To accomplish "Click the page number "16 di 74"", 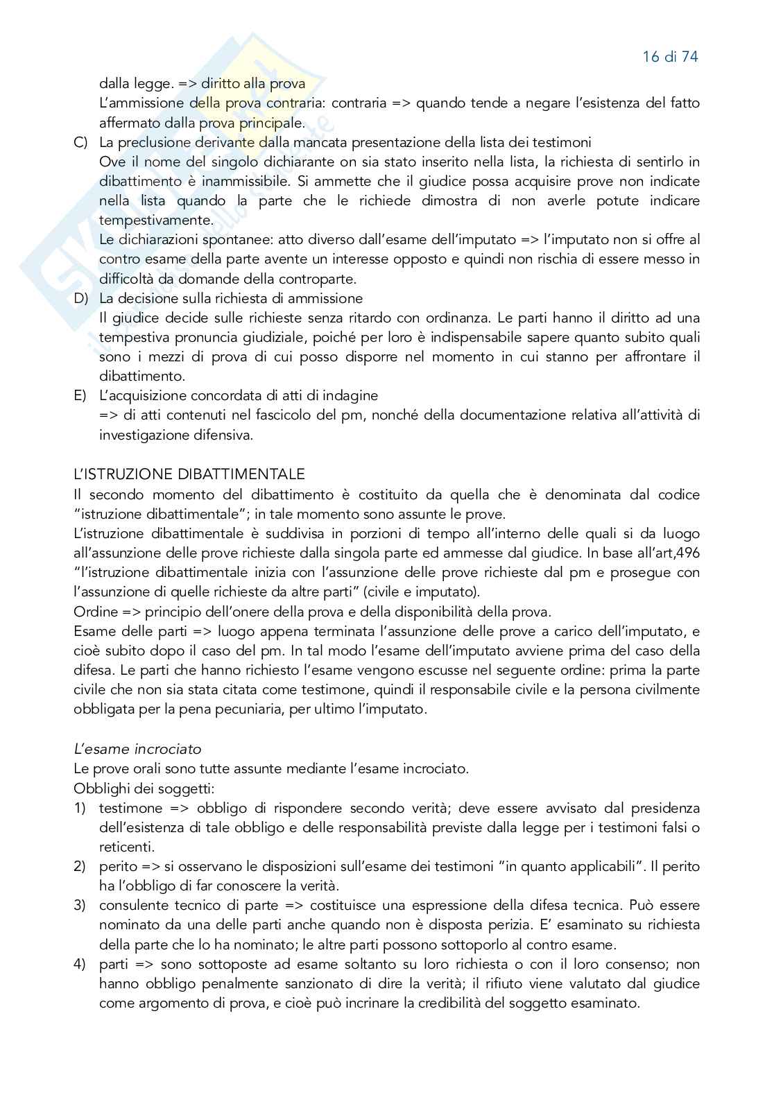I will click(x=670, y=57).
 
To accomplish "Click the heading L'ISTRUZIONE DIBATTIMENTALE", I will click(x=189, y=475).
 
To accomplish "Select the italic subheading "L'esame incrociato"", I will click(x=137, y=750).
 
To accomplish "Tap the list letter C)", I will click(x=80, y=143).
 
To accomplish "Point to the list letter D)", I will click(x=80, y=299).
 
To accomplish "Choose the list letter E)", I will click(x=80, y=396).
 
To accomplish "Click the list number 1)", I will click(x=80, y=809).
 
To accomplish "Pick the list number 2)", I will click(x=80, y=867).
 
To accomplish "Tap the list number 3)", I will click(x=80, y=906).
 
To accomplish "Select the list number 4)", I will click(x=80, y=965).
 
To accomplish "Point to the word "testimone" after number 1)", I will click(x=130, y=809).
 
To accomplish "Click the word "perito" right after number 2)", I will click(x=118, y=867).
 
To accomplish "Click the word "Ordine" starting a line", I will click(x=95, y=612).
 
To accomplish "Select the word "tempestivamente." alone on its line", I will click(x=156, y=221).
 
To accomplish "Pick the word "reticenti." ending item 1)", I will click(x=127, y=847).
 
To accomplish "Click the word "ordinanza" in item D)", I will click(x=489, y=318).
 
